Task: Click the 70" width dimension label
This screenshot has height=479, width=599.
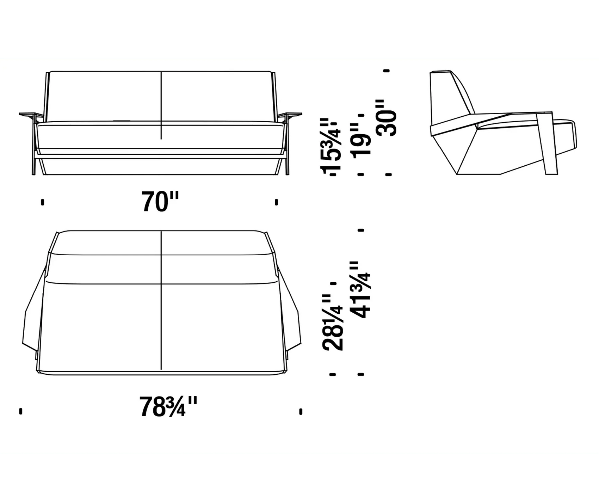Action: [160, 202]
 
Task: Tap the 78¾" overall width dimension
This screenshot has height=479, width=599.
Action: [168, 407]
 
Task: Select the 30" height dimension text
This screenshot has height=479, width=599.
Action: [387, 118]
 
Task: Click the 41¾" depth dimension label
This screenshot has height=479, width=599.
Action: [360, 290]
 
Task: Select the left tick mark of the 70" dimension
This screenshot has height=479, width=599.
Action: [43, 202]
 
